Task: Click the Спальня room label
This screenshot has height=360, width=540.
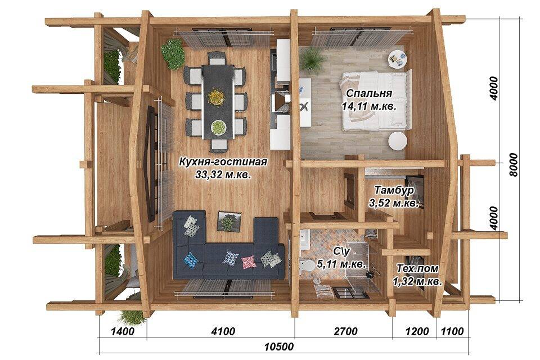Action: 369,93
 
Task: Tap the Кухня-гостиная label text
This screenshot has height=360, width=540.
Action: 223,161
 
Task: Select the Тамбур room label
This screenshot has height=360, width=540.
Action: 394,190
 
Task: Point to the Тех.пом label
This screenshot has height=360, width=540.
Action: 417,268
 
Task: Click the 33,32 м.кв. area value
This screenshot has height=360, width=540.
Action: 223,175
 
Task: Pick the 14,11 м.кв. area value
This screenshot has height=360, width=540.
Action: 369,106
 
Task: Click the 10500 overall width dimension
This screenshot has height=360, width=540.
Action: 279,346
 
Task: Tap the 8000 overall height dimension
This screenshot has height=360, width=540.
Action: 513,165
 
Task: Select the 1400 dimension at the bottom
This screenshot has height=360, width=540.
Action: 123,331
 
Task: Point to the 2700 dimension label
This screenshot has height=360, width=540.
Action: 345,331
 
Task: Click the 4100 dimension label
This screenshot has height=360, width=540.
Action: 223,331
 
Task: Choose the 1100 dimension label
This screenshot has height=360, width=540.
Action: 452,331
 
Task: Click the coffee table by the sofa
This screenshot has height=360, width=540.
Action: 229,221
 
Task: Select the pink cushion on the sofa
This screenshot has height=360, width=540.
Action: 249,262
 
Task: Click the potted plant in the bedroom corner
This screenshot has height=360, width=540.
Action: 312,59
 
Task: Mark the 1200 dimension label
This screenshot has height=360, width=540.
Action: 417,331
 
